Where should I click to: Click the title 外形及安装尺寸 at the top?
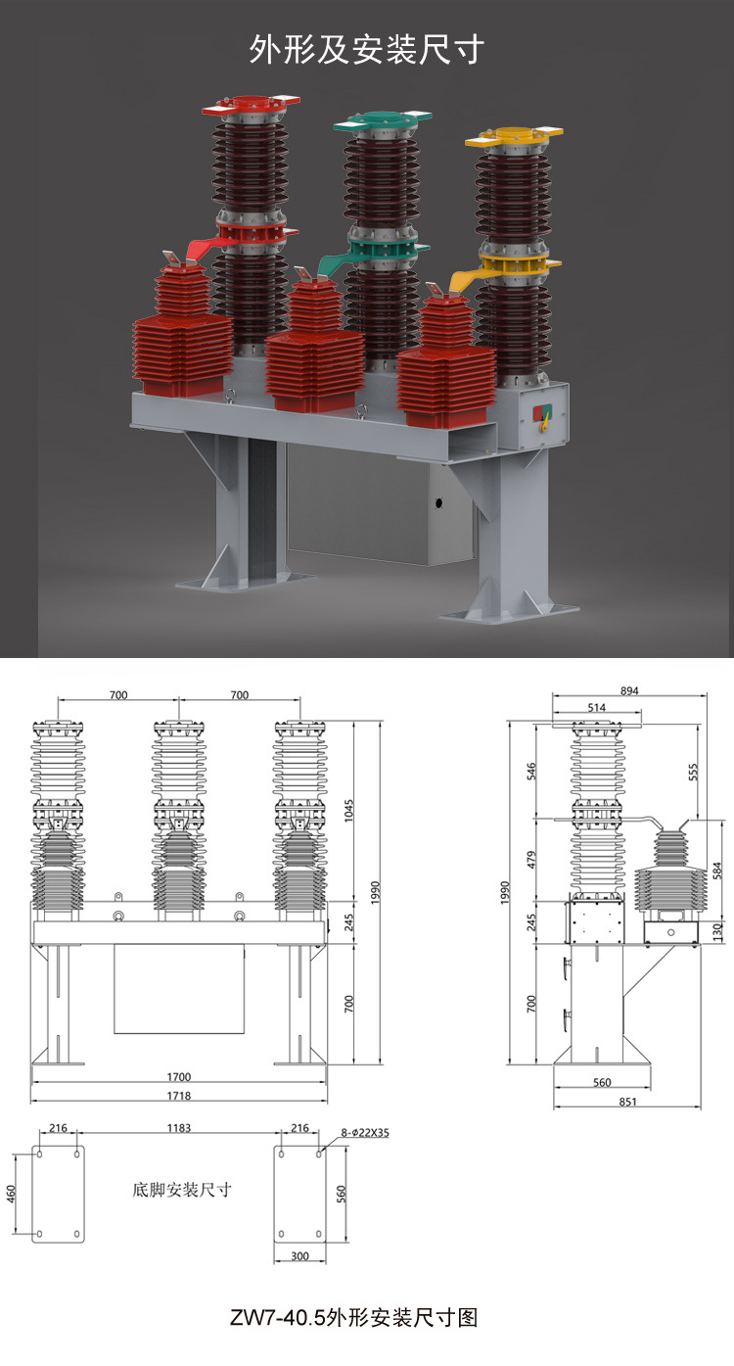pyautogui.click(x=366, y=50)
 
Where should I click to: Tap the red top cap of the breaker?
pyautogui.click(x=251, y=104)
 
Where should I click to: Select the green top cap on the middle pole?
pyautogui.click(x=383, y=119)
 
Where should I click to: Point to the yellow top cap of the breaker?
pyautogui.click(x=514, y=137)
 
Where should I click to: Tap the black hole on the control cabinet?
pyautogui.click(x=438, y=503)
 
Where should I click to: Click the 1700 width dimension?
pyautogui.click(x=179, y=1076)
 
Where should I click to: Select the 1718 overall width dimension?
pyautogui.click(x=179, y=1095)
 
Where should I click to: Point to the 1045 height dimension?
pyautogui.click(x=348, y=811)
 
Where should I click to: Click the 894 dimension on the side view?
pyautogui.click(x=629, y=691)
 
